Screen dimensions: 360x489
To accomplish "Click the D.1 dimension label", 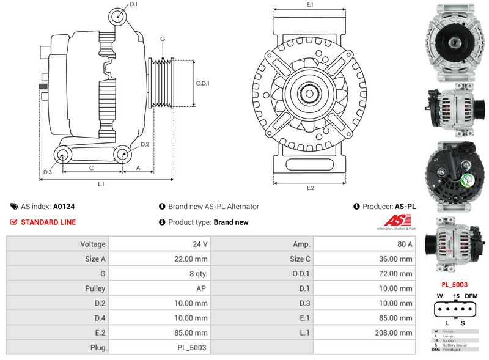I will [x=134, y=5].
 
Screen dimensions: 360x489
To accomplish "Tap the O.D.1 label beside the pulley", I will [x=202, y=84].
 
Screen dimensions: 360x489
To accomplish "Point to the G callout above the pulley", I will [x=163, y=39].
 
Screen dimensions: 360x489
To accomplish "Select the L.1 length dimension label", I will [x=101, y=184].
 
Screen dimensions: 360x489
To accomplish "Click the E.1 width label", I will [x=309, y=5].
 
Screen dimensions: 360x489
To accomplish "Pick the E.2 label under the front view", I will [x=310, y=188].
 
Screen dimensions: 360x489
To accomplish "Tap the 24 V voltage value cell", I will [x=200, y=244].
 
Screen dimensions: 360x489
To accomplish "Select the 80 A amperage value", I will [x=404, y=244].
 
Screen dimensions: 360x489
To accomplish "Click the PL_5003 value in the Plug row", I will [x=193, y=347].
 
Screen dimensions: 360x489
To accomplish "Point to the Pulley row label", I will [x=95, y=288].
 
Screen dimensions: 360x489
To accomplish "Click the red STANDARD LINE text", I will [x=48, y=222].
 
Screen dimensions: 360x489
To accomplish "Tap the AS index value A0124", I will [x=64, y=207].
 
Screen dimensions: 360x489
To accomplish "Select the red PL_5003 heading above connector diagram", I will [x=454, y=284].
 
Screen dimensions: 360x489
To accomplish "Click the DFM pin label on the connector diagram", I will [x=471, y=296].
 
